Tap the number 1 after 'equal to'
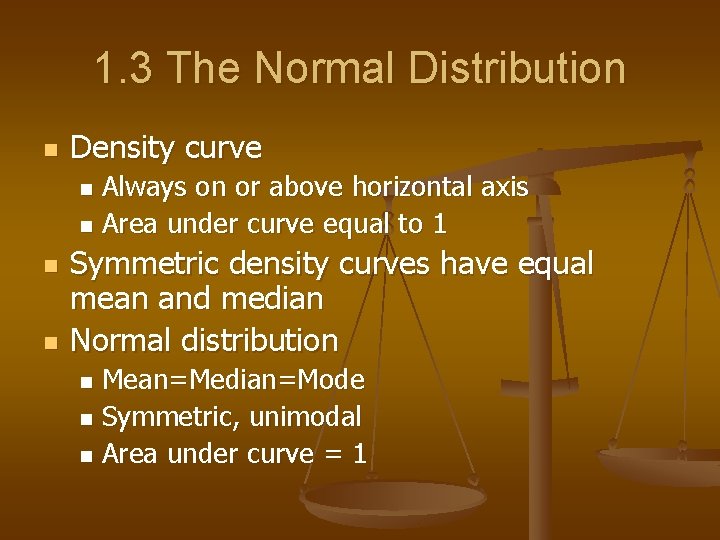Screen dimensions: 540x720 pos(439,224)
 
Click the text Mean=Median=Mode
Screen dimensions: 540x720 pos(233,380)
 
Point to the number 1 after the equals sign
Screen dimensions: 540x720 pos(359,454)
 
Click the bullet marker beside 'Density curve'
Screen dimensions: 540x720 pos(47,151)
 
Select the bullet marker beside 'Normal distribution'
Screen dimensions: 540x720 pos(47,342)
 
